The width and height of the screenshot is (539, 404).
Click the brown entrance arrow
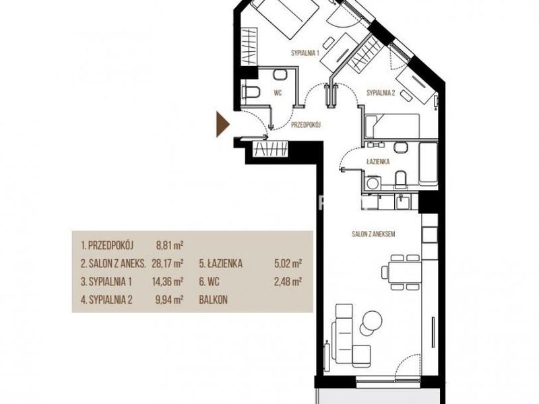click(x=222, y=124)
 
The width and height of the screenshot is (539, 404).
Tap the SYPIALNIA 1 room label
click(x=305, y=53)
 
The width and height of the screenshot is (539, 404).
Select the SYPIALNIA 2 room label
click(x=381, y=93)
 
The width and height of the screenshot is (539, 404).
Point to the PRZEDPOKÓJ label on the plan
click(x=306, y=125)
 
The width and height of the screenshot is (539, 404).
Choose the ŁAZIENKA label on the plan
click(x=378, y=161)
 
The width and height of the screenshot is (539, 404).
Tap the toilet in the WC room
click(x=251, y=92)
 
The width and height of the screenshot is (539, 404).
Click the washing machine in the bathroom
click(x=372, y=182)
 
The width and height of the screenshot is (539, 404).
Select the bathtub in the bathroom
click(x=428, y=164)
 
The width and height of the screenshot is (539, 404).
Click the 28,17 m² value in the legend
click(x=167, y=263)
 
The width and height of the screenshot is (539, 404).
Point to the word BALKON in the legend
click(x=213, y=300)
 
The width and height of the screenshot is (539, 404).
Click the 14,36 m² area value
click(x=167, y=281)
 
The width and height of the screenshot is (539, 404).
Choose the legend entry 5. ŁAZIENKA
click(x=221, y=263)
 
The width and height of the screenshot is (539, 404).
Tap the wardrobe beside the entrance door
click(x=270, y=149)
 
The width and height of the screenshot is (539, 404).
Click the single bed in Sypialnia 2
click(x=393, y=126)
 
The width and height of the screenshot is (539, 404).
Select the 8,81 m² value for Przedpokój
click(x=170, y=245)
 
